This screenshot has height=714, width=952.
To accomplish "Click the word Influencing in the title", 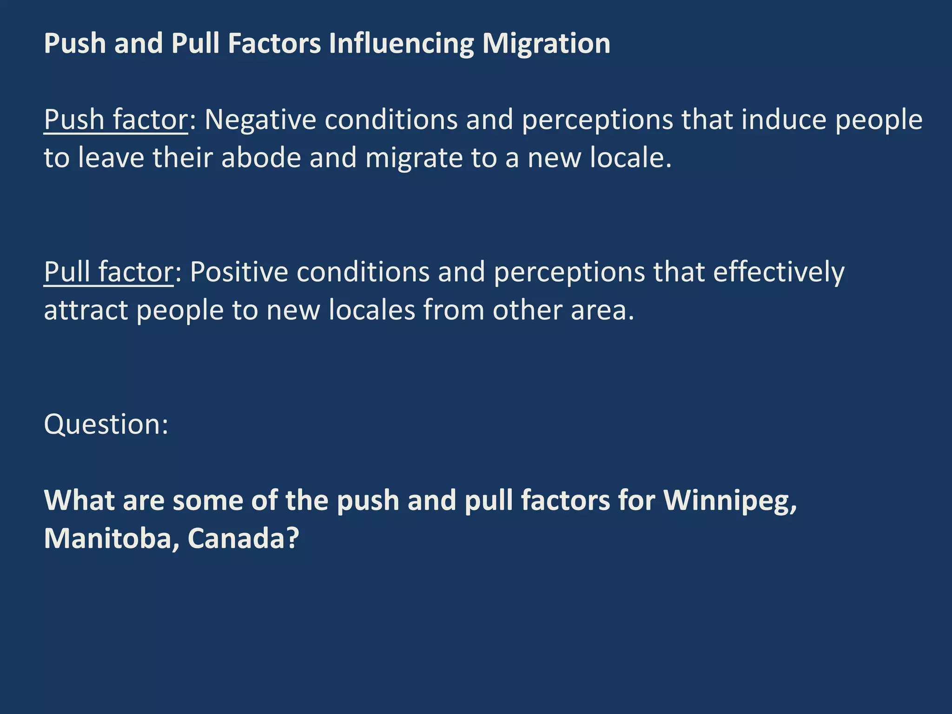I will click(x=401, y=44).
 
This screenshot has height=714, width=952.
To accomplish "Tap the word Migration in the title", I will click(x=546, y=44).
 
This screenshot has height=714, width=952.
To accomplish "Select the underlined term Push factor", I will click(x=116, y=120).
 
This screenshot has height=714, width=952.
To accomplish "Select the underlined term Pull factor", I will click(x=108, y=272).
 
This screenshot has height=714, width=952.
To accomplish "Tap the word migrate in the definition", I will click(x=414, y=158).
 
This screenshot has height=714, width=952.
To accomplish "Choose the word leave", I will click(x=111, y=158).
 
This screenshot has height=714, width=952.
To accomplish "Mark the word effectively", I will click(x=779, y=272).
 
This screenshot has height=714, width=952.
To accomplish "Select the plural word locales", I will click(x=371, y=310).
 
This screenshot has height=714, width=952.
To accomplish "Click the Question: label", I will click(x=106, y=424).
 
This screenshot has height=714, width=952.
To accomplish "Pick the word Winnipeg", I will click(x=730, y=501).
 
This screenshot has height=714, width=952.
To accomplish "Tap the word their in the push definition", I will click(x=183, y=158).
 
